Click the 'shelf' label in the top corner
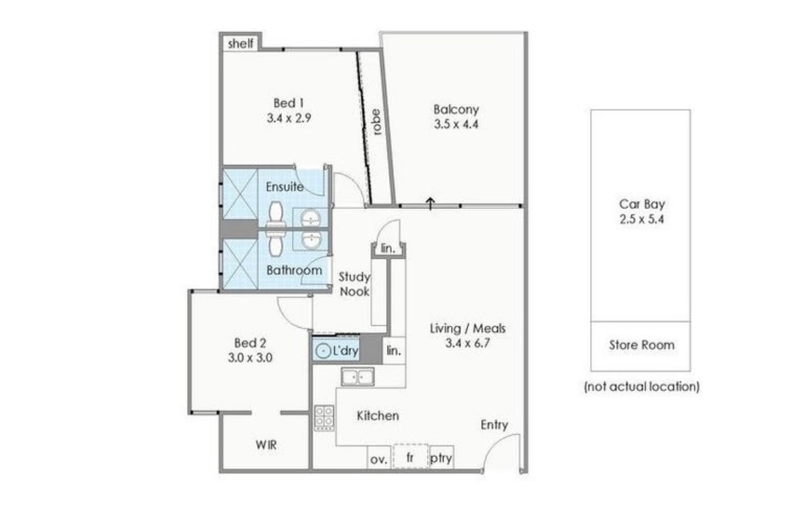click(x=241, y=43)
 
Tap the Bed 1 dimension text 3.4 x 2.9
click(x=289, y=118)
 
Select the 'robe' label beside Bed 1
click(x=377, y=122)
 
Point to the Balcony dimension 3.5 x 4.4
click(x=456, y=124)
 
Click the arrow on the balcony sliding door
click(x=430, y=203)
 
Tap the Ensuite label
click(x=284, y=187)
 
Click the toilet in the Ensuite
click(x=276, y=214)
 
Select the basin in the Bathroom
click(x=311, y=240)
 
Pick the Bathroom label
click(x=294, y=270)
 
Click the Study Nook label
click(x=355, y=285)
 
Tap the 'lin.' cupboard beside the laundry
click(x=394, y=351)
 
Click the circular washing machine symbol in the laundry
click(x=323, y=351)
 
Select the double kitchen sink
click(x=358, y=377)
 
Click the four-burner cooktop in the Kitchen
click(x=324, y=416)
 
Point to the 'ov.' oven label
click(x=379, y=459)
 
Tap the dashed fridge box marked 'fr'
click(x=410, y=456)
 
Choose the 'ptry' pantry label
click(x=441, y=459)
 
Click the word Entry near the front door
click(x=494, y=425)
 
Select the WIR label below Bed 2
click(x=266, y=445)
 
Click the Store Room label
click(x=641, y=345)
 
